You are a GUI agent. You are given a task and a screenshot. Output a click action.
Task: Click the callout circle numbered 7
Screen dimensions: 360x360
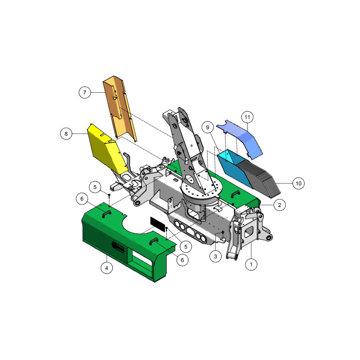coord(85,93)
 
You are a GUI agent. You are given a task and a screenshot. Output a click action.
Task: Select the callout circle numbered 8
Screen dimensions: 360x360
coord(66,134)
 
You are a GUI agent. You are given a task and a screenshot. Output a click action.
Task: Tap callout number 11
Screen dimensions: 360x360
coord(247,117)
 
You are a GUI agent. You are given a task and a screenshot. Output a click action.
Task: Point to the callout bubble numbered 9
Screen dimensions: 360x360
coord(208,127)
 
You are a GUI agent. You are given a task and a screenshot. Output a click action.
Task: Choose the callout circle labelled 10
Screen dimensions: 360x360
coord(298,184)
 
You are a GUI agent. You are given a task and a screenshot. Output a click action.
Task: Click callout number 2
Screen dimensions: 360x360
coord(280,205)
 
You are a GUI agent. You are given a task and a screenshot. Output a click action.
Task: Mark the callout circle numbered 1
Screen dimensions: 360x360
coord(251,265)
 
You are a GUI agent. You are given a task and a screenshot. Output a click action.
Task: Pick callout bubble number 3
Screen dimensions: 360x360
coord(216,256)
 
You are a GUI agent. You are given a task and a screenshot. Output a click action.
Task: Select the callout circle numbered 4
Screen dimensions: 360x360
coord(107,268)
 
